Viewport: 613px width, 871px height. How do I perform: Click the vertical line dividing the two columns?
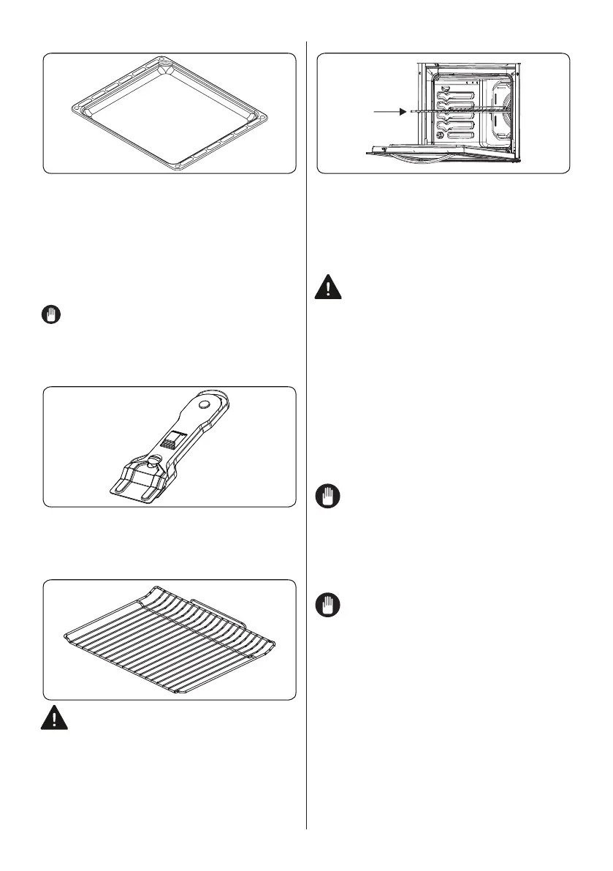306,439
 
